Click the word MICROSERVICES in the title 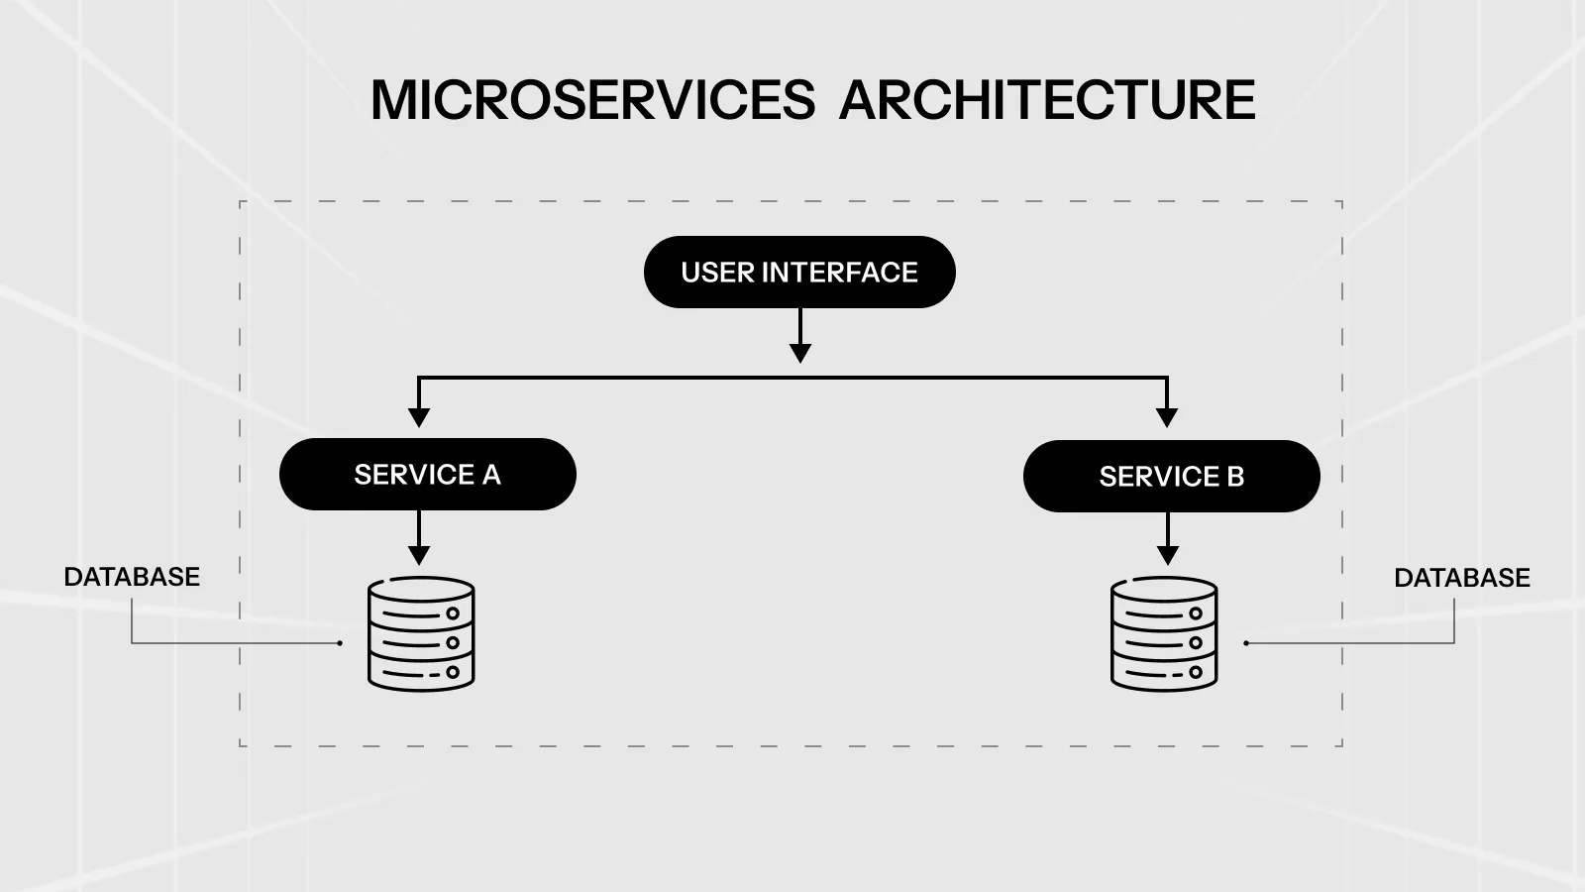pyautogui.click(x=592, y=100)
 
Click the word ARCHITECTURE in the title pyautogui.click(x=1047, y=100)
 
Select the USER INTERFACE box pyautogui.click(x=799, y=272)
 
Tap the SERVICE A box pyautogui.click(x=428, y=475)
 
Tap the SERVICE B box pyautogui.click(x=1171, y=477)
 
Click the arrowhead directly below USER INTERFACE pyautogui.click(x=800, y=353)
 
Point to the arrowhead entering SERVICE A pyautogui.click(x=419, y=417)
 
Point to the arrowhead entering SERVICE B pyautogui.click(x=1167, y=417)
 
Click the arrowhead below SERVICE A pyautogui.click(x=419, y=555)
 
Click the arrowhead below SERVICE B pyautogui.click(x=1167, y=555)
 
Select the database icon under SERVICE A pyautogui.click(x=421, y=634)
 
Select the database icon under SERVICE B pyautogui.click(x=1164, y=634)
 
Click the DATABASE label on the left pyautogui.click(x=132, y=577)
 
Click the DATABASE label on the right pyautogui.click(x=1461, y=578)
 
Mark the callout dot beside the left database pyautogui.click(x=340, y=643)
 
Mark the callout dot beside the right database pyautogui.click(x=1245, y=643)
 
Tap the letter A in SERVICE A pyautogui.click(x=491, y=475)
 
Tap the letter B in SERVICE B pyautogui.click(x=1234, y=477)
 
